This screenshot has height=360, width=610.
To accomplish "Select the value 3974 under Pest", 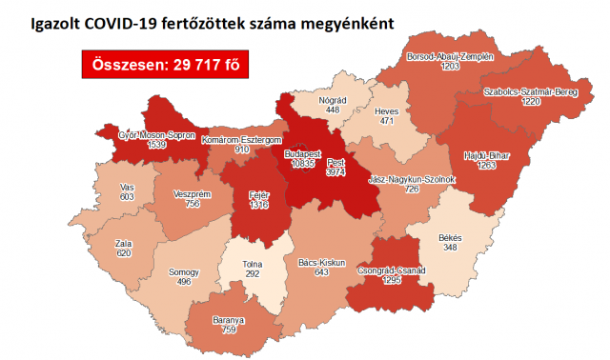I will (x=336, y=172).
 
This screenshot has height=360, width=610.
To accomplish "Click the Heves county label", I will (x=386, y=111).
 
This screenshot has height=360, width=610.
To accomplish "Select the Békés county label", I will (x=450, y=237).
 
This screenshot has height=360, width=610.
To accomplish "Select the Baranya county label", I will (x=228, y=321).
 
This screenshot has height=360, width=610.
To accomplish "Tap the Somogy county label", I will (x=184, y=271).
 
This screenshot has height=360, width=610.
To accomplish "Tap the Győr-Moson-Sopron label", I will (x=143, y=134).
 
